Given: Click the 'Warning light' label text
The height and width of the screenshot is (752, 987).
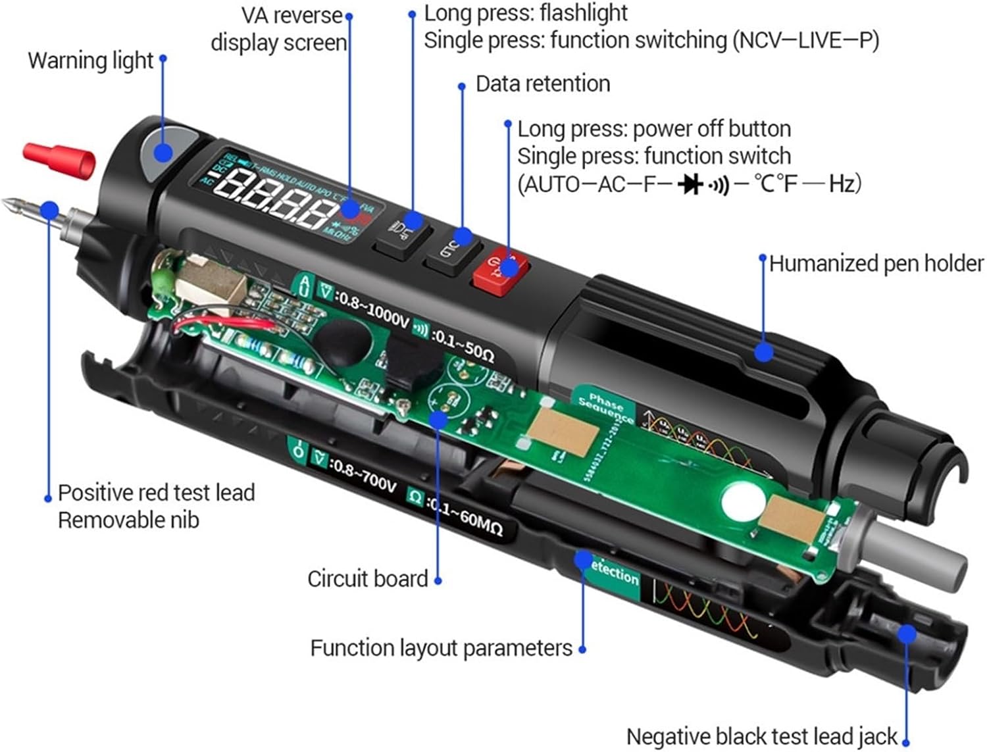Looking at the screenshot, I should (x=90, y=61).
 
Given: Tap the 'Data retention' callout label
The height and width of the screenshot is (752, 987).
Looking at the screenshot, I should (x=542, y=84).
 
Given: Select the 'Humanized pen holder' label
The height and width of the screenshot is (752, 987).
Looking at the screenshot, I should (x=876, y=263).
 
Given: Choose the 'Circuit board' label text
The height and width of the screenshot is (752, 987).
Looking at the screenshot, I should (x=367, y=579).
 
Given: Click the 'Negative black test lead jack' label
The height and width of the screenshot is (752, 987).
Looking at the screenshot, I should (x=761, y=737).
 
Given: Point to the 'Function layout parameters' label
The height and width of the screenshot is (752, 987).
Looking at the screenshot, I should (x=441, y=648).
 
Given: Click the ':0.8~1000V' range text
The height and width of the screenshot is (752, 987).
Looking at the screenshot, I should (x=372, y=309).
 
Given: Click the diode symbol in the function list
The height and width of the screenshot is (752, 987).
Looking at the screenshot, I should (x=690, y=184).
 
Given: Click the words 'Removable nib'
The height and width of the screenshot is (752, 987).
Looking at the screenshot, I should (x=128, y=520).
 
